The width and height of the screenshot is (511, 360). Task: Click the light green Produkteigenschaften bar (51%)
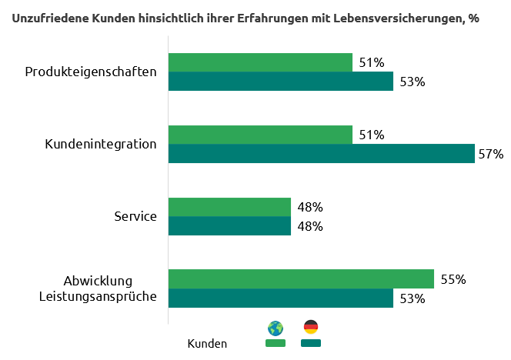tap(260, 62)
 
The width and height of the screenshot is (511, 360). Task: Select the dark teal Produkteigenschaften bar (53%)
tap(281, 82)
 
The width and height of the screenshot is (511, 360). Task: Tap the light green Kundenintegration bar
tap(260, 135)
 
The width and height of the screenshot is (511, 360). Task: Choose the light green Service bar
tap(229, 207)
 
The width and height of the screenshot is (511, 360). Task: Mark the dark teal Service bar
tap(229, 226)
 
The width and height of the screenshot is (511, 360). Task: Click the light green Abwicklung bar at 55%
tap(301, 278)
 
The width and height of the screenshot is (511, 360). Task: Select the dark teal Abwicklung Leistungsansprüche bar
tap(281, 298)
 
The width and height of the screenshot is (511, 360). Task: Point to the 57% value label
tap(490, 154)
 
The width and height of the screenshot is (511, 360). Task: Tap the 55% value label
tap(453, 279)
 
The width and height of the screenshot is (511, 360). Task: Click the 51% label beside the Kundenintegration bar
tap(372, 135)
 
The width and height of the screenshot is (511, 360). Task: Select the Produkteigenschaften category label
tap(91, 72)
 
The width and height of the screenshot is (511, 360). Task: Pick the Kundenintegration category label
tap(101, 144)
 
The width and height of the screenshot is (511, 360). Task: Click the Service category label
tap(135, 216)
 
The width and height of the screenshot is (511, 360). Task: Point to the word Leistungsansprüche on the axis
tap(98, 296)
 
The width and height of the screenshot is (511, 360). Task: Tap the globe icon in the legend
tap(275, 328)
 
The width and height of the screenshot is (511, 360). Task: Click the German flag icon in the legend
tap(311, 327)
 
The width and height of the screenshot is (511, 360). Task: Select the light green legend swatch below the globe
tap(275, 343)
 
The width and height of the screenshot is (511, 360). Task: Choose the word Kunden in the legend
tap(207, 344)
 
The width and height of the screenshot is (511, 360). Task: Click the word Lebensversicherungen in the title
tap(386, 18)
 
